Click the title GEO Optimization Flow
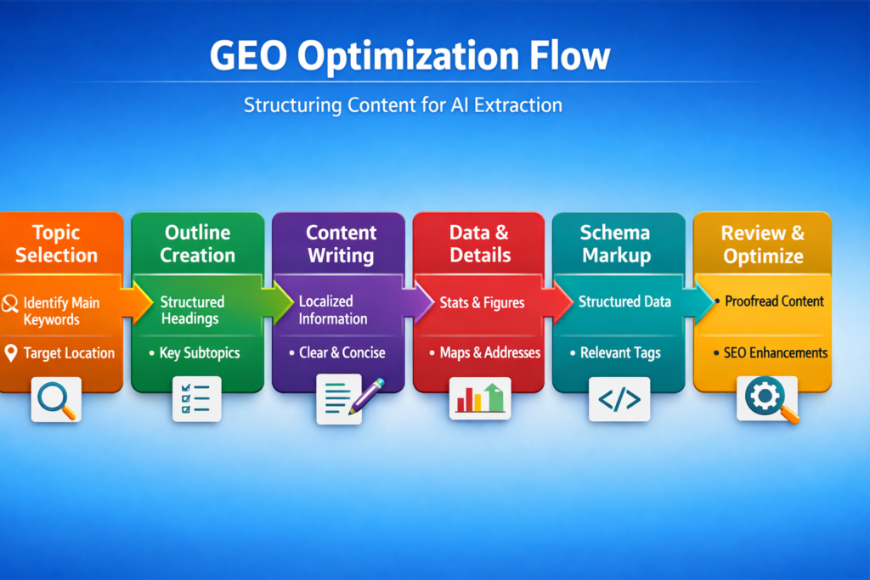[409, 57]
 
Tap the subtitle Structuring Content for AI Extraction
[403, 106]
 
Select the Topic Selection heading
[57, 244]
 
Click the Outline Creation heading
[198, 244]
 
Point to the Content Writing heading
[342, 244]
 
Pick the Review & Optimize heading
[763, 244]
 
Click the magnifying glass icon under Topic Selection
[56, 399]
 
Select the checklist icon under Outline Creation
[196, 399]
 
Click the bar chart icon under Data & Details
[480, 397]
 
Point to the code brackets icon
[619, 399]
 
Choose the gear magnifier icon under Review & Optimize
[766, 398]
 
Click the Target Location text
[69, 352]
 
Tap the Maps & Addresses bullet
[489, 352]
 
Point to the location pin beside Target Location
[10, 353]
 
